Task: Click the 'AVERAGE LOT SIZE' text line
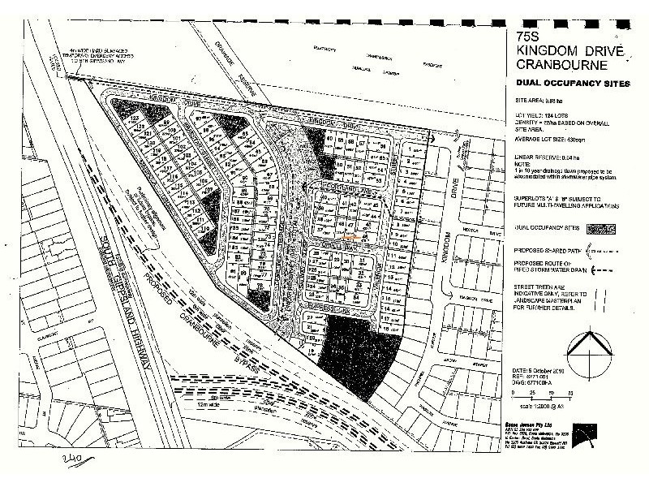557,140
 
